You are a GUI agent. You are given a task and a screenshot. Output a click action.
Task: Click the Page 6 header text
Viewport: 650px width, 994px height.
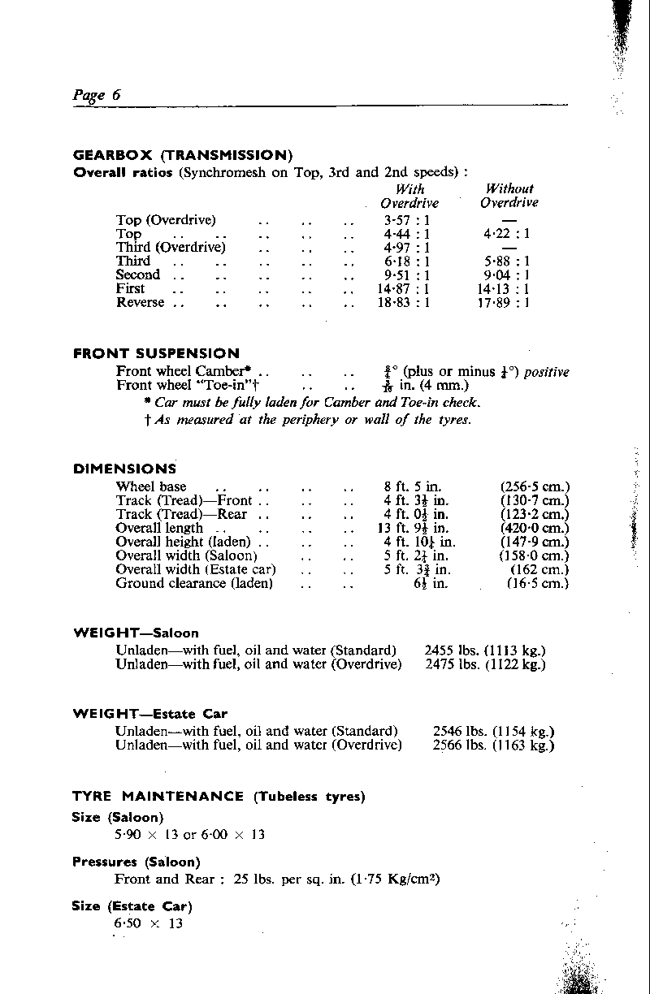point(97,94)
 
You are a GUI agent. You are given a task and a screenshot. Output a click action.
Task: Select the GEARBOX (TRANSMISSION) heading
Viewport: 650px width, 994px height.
point(183,155)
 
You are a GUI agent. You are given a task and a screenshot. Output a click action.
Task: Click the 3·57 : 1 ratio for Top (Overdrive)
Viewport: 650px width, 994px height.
point(407,220)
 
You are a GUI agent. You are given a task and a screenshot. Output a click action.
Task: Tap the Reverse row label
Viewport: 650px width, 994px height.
point(141,302)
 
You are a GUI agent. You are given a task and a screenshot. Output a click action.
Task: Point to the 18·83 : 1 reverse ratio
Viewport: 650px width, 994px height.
point(407,302)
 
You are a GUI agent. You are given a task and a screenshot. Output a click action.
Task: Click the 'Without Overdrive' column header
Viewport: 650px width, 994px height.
point(509,196)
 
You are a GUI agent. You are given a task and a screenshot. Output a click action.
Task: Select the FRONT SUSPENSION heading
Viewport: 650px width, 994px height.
point(156,353)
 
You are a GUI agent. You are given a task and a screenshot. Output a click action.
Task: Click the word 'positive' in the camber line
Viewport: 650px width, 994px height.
point(547,372)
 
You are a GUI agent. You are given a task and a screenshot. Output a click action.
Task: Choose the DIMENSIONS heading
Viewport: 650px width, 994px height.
point(124,469)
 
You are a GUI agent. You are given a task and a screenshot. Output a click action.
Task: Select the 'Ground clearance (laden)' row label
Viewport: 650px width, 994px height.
point(194,583)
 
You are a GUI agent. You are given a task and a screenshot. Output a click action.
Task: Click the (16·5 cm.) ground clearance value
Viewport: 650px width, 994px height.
point(538,583)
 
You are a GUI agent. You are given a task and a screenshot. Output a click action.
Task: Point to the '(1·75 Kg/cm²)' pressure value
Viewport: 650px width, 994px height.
point(396,879)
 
